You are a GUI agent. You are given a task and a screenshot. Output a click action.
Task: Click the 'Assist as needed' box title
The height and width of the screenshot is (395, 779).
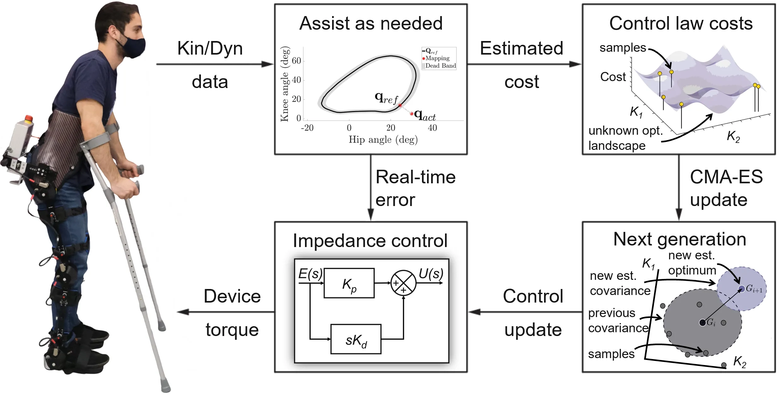pos(371,23)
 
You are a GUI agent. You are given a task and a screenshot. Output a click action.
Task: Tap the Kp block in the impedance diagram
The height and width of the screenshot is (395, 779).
pos(349,283)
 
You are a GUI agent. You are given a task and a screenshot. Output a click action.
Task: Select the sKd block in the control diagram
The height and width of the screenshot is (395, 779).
pos(356,339)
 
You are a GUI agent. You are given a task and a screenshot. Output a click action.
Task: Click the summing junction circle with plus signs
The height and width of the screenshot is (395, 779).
pos(403,283)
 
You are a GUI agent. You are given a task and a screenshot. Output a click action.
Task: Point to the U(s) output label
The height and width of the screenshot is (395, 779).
pos(430,274)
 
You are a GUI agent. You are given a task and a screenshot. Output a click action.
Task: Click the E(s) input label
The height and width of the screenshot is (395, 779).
pos(310,274)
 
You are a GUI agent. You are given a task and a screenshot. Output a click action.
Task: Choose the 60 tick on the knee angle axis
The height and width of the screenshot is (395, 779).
pos(296,61)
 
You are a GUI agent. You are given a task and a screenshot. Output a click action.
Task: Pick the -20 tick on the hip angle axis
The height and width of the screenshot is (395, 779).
pos(307,128)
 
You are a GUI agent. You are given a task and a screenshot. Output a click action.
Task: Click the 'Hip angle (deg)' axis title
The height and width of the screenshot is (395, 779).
pos(383,139)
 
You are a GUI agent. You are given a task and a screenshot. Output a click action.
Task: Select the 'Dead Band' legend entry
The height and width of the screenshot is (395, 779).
pos(440,66)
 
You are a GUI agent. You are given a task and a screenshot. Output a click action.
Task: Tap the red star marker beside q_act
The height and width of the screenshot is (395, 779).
pos(412,114)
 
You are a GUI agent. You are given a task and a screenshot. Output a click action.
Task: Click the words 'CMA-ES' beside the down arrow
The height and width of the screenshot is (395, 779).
pos(726,177)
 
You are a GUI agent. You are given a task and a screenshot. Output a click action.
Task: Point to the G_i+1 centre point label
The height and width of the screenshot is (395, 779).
pos(754,289)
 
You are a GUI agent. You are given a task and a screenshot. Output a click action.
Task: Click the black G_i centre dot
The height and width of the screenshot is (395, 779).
pos(702,323)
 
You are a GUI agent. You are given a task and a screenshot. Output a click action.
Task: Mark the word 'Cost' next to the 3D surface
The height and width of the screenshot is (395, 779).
pos(613,77)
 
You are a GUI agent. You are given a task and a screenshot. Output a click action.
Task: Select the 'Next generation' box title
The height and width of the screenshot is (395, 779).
pos(679,239)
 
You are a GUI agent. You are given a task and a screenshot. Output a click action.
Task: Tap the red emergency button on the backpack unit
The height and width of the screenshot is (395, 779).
pos(28,119)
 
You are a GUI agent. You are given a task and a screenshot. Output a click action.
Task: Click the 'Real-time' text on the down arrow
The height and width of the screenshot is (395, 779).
pos(415,177)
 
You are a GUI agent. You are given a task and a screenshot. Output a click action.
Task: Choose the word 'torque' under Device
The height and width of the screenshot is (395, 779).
pos(232,330)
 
